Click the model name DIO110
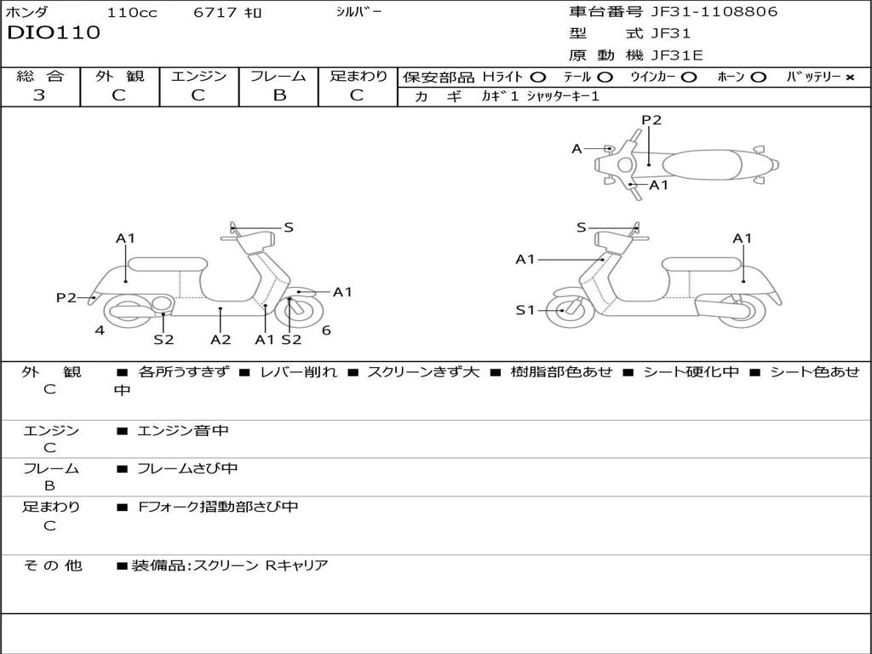click(54, 32)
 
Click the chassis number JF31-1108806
click(714, 11)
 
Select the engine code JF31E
click(677, 55)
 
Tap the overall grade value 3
click(39, 95)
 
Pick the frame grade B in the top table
click(279, 95)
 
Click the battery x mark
click(850, 77)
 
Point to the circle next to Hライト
click(538, 77)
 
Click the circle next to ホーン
click(758, 77)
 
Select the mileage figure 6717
click(215, 12)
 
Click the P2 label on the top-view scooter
click(651, 119)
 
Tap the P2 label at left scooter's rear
click(66, 297)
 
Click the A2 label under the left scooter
click(221, 339)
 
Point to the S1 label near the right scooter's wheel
click(525, 310)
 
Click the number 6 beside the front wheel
click(326, 330)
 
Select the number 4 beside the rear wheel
click(100, 330)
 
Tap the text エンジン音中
click(182, 430)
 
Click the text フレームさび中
click(187, 468)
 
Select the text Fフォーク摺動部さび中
click(218, 507)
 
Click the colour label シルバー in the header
click(359, 11)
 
